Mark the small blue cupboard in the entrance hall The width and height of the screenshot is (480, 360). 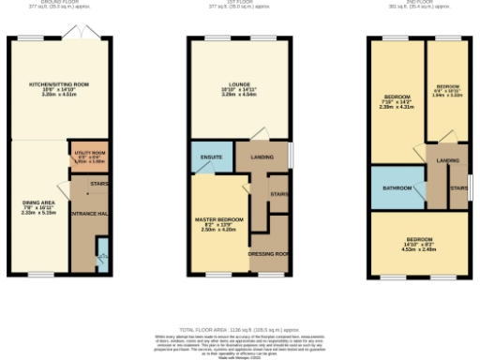[102, 250]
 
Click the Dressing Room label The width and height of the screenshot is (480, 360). [267, 253]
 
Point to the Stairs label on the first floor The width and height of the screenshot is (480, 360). [279, 194]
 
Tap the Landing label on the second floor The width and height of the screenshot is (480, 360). [447, 161]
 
